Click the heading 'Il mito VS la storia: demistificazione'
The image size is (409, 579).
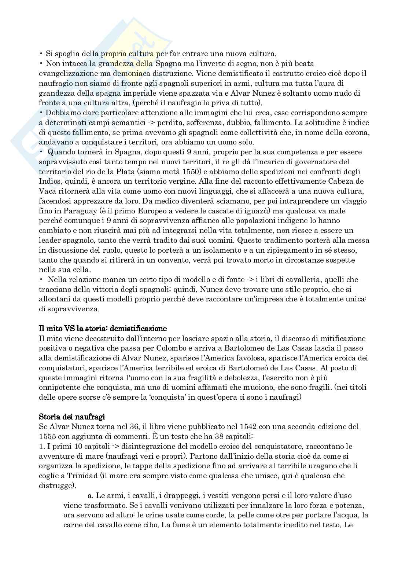click(103, 328)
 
